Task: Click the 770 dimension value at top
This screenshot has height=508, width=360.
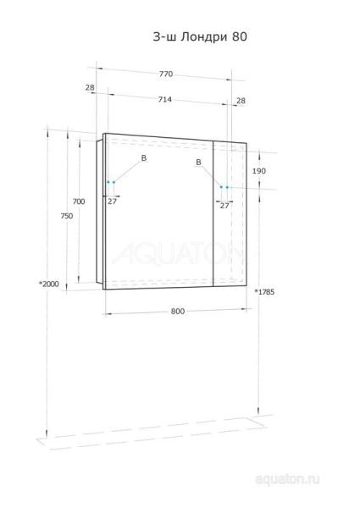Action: coord(166,75)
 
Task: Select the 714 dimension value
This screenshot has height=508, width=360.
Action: coord(166,100)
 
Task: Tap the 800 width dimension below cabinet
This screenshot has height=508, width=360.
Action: coord(177,312)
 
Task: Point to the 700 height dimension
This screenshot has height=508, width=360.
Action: coord(78,202)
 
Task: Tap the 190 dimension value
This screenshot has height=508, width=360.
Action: coord(259,171)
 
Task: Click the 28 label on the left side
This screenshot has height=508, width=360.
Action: coord(90,87)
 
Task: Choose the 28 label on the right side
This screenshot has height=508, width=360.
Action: coord(241,100)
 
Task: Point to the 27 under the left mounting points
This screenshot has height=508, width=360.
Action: coord(111,202)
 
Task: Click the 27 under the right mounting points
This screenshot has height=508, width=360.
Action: coord(224,205)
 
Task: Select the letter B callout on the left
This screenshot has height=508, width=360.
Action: coord(143,158)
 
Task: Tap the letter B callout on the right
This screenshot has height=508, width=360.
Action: coord(197,162)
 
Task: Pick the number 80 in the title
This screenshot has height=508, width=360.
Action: coord(241,36)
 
